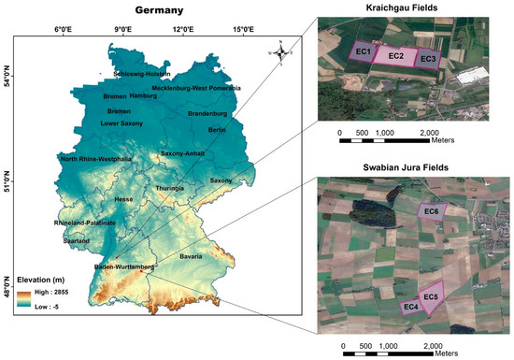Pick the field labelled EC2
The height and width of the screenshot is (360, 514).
[x=395, y=56]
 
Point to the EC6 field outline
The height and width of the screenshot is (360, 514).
[x=432, y=213]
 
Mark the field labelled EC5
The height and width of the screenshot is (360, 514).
[x=431, y=297]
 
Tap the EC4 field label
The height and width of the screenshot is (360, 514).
[x=409, y=306]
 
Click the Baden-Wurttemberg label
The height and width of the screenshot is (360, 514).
[x=122, y=267]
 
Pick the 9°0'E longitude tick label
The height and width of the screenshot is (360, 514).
[x=122, y=31]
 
